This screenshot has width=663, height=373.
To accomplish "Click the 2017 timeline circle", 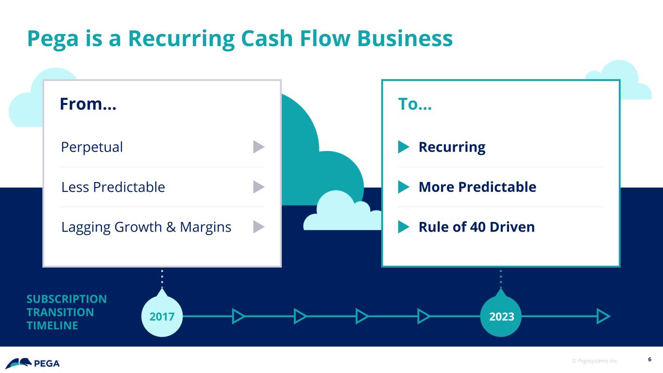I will pos(162,316).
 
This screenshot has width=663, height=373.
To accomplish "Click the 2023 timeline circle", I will pos(501,316).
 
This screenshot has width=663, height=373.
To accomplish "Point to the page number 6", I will pos(649,360).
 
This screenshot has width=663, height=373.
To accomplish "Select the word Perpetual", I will pos(92,147).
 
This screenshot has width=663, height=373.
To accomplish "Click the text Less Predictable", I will pos(113,187).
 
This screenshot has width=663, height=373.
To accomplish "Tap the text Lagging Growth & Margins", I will pos(146,227).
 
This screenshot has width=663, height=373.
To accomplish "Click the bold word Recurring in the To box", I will pos(452,147).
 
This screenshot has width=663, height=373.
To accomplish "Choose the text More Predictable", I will pos(477,187).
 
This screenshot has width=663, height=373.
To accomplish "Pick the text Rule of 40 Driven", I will pos(476,227).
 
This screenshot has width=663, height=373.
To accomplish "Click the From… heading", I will pos(88,104).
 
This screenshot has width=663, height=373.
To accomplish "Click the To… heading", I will pos(415,104).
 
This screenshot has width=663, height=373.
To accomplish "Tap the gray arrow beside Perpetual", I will pos(259,147).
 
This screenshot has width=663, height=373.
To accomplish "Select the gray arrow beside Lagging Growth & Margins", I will pos(259,226).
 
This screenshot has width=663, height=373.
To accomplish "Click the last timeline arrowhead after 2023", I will pos(603,316).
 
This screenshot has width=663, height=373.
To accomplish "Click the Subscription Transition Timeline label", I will pos(67,312).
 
